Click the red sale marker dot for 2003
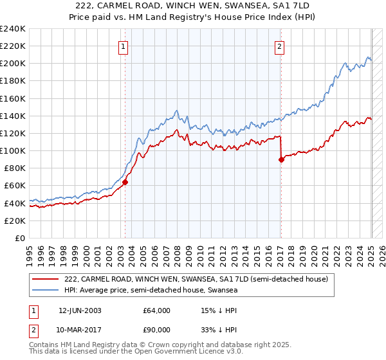pos(125,182)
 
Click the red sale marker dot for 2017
pos(281,159)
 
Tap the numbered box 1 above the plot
pos(123,46)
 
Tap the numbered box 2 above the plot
pos(280,46)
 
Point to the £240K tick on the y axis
pos(13,29)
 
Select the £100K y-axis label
pos(13,150)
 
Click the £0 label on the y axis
pos(21,238)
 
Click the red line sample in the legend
pos(46,279)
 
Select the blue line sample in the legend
pos(46,290)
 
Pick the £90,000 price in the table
pos(157,330)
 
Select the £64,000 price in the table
pos(157,310)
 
